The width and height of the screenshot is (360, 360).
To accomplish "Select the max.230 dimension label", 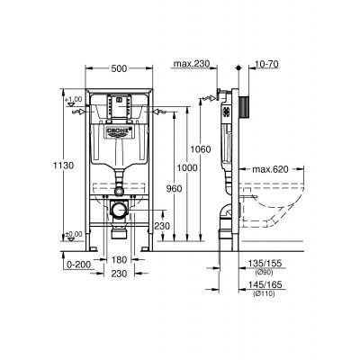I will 190,62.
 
